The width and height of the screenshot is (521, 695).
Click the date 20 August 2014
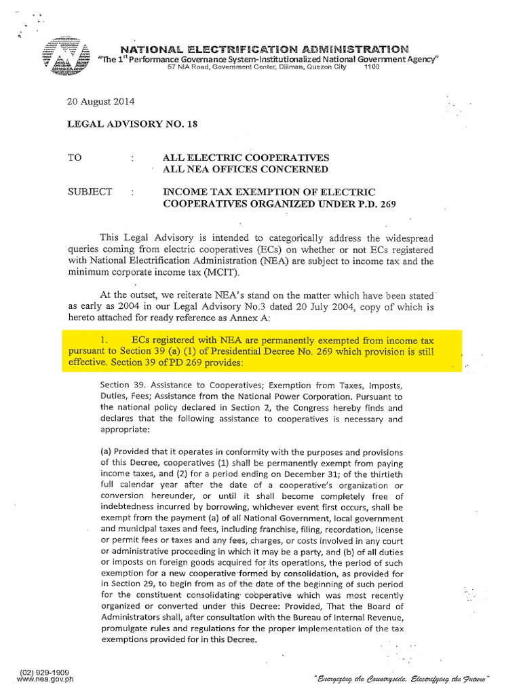pos(100,102)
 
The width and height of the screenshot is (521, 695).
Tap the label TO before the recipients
pos(74,157)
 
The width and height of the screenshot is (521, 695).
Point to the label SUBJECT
pos(89,192)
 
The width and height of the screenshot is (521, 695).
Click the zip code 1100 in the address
pos(373,67)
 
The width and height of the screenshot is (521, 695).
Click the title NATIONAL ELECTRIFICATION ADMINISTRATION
pos(265,49)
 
